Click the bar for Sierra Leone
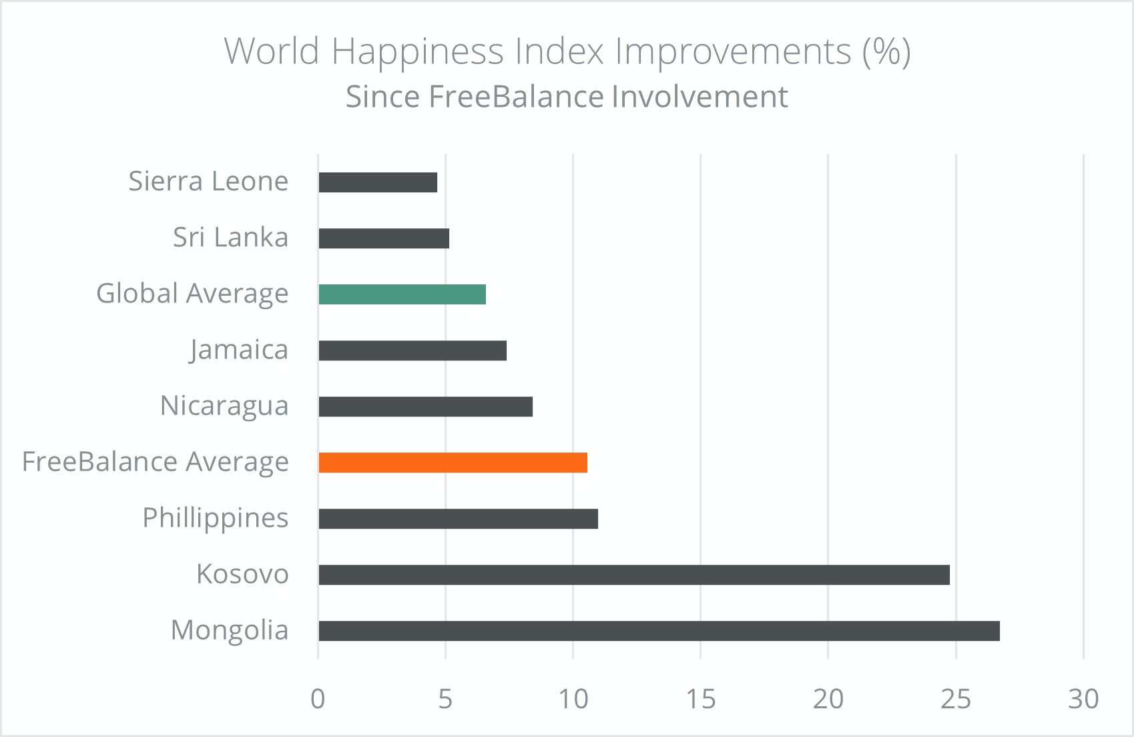[x=378, y=182]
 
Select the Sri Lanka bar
[x=384, y=238]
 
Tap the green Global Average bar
[x=402, y=294]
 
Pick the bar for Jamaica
[x=412, y=350]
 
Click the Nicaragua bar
[x=426, y=407]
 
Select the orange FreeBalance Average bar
[x=453, y=463]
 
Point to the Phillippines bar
[x=458, y=519]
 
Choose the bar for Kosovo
[x=634, y=575]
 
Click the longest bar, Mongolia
[x=659, y=631]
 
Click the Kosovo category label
[x=242, y=575]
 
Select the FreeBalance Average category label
[x=156, y=463]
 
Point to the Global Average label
[x=192, y=294]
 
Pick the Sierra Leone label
[x=208, y=181]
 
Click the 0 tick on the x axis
[x=318, y=699]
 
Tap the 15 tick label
[x=701, y=699]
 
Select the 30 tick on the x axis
[x=1083, y=699]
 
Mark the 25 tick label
[x=956, y=699]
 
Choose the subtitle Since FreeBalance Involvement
[x=567, y=96]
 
